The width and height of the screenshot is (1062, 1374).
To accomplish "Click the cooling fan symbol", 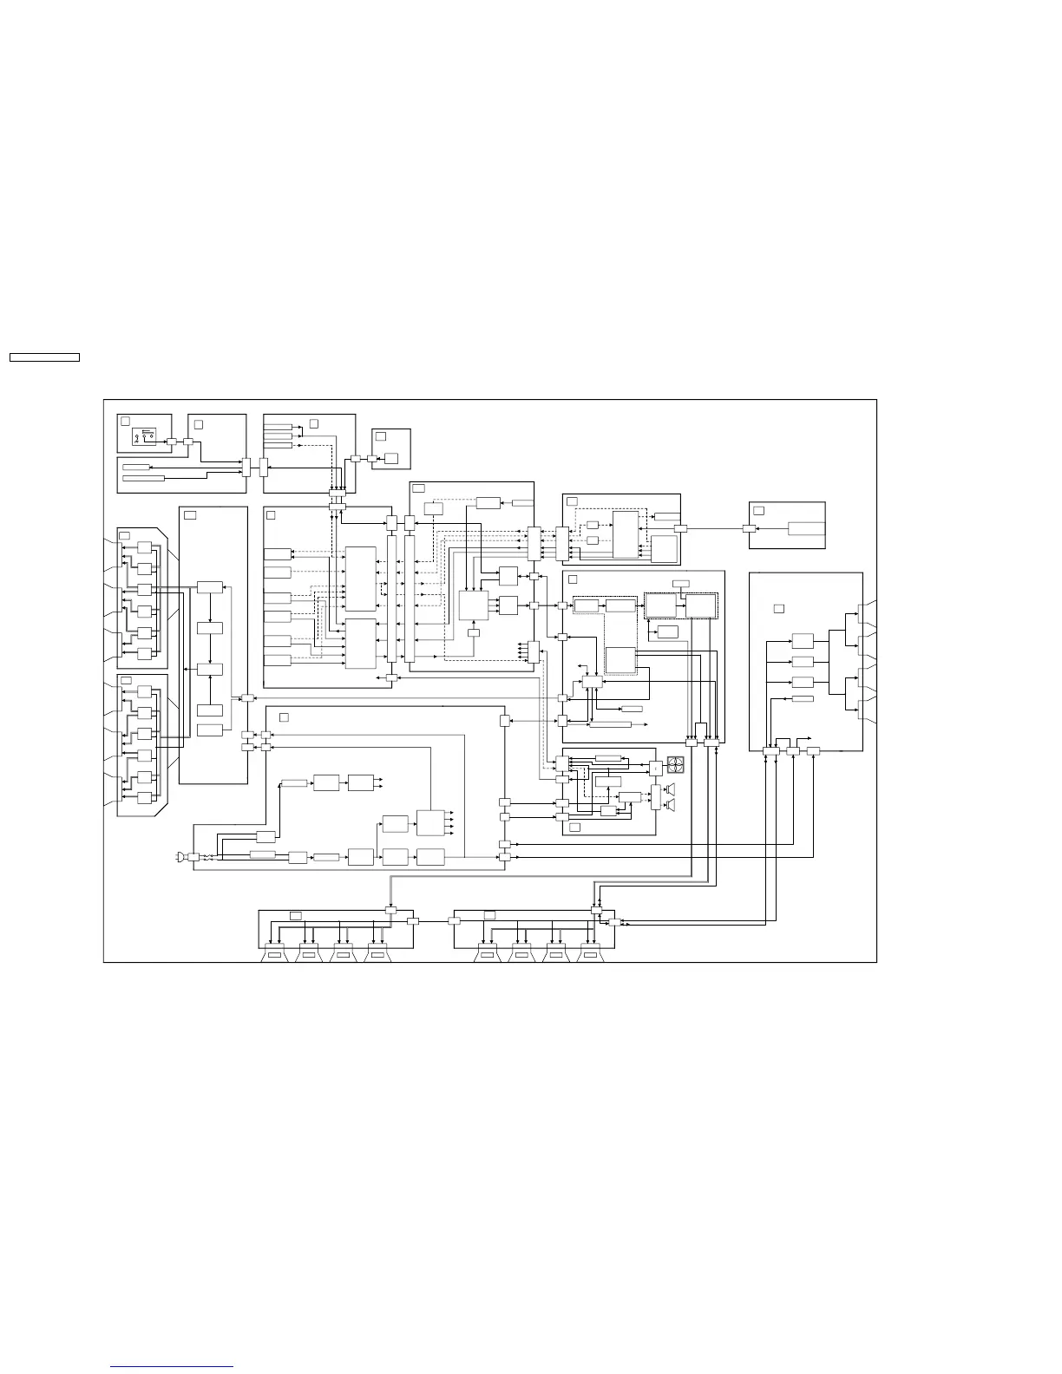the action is [x=676, y=766].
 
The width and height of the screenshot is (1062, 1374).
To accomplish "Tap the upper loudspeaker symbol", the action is [x=670, y=788].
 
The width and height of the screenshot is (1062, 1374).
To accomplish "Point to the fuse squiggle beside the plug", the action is [x=206, y=857].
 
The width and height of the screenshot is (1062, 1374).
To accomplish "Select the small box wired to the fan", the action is [x=655, y=768].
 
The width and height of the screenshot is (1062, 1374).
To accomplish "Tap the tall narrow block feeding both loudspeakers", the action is [x=655, y=797].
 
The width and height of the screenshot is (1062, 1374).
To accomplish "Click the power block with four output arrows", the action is [x=430, y=821].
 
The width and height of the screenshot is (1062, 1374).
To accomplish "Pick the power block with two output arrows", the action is [x=361, y=782].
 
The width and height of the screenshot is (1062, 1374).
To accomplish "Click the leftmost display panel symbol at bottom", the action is [x=275, y=955].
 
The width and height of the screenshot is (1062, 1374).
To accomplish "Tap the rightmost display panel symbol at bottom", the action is [x=590, y=955].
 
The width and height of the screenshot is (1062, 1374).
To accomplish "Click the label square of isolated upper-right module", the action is [x=758, y=511].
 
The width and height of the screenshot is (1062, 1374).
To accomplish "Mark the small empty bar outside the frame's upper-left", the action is [x=44, y=357].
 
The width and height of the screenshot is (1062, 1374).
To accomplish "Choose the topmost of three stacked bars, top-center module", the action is [x=278, y=427].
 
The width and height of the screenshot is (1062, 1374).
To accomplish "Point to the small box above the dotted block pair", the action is [x=681, y=582].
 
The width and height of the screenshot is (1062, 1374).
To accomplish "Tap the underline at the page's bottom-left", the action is [x=173, y=1366].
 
